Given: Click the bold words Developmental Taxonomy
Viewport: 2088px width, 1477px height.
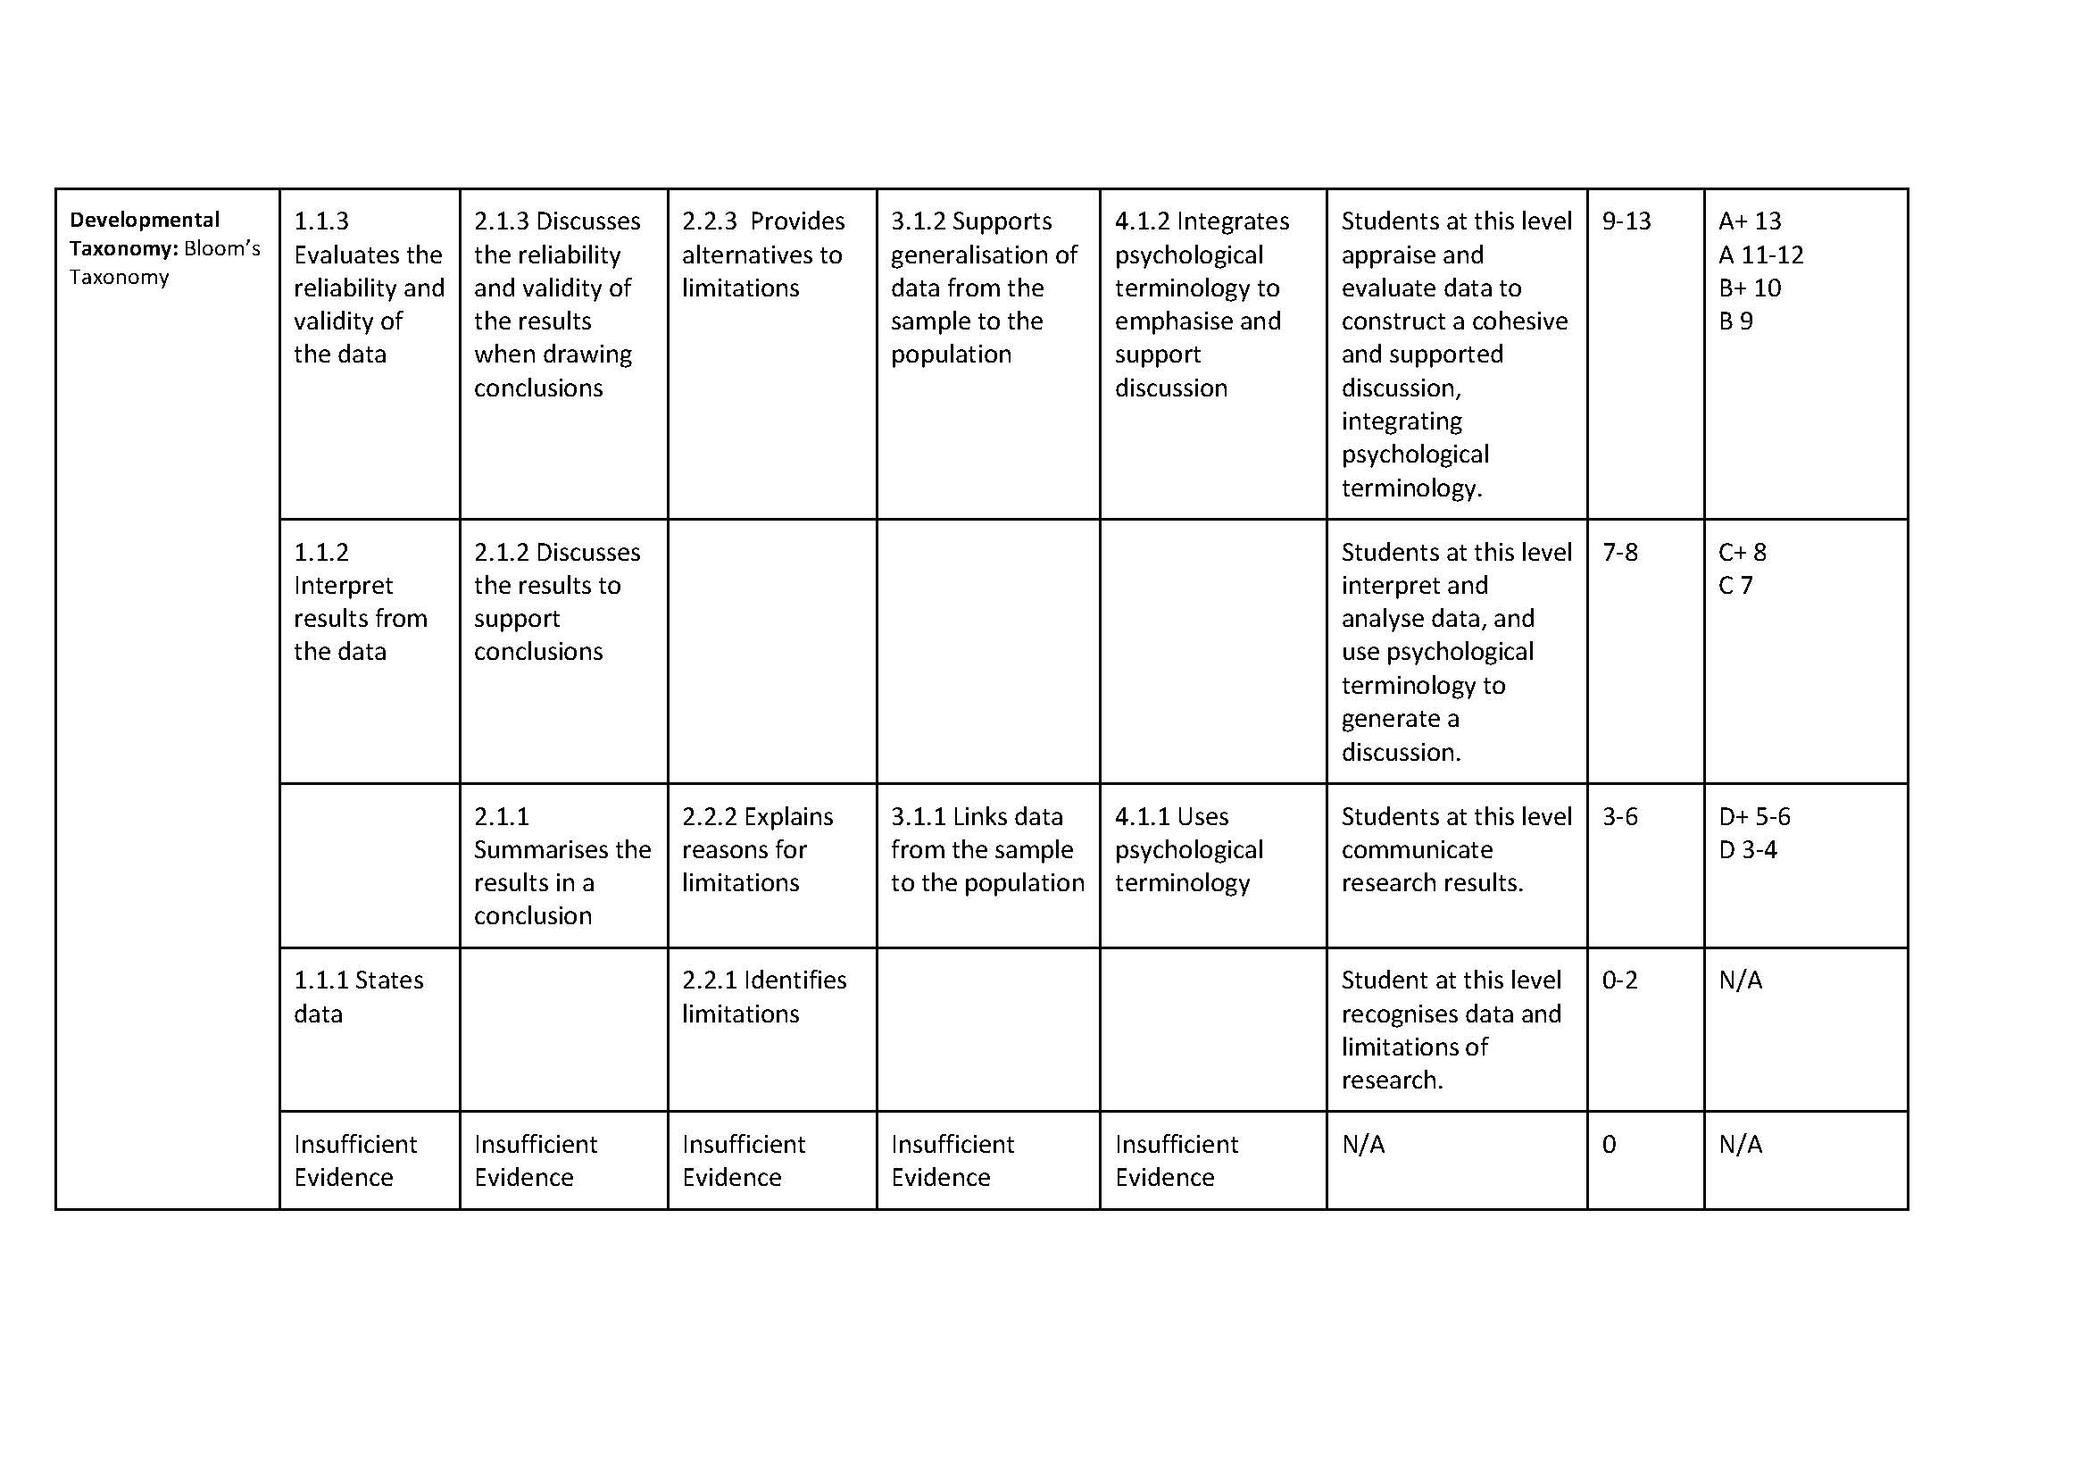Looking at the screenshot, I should click(x=144, y=233).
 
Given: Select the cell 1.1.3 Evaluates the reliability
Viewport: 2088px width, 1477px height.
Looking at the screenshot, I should click(x=369, y=288).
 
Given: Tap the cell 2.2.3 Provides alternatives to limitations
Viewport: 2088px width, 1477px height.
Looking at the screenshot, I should click(x=762, y=255).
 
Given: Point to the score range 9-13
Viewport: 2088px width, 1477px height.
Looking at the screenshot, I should click(x=1625, y=221).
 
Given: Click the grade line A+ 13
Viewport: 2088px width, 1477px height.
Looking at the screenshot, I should click(x=1749, y=221).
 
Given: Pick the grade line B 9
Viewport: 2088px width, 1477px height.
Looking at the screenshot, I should click(x=1735, y=321).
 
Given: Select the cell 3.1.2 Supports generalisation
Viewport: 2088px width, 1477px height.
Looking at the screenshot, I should click(x=983, y=288).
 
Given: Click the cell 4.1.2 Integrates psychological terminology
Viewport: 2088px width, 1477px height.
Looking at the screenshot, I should click(x=1201, y=304).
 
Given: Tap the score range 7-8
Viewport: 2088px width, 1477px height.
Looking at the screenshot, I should click(x=1619, y=552).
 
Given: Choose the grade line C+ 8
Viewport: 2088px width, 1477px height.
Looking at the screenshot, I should click(x=1742, y=552).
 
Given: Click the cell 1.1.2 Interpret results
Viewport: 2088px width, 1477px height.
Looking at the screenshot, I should click(x=360, y=601).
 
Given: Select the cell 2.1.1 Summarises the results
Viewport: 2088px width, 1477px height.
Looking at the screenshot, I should click(x=562, y=865).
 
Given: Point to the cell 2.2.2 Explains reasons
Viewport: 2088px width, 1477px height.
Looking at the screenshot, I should click(x=757, y=848).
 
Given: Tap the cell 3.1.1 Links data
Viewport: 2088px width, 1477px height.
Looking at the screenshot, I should click(x=986, y=848).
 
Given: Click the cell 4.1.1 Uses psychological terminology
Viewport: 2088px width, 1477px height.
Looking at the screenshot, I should click(x=1187, y=848).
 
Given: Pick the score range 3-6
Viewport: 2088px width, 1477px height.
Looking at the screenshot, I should click(x=1619, y=817).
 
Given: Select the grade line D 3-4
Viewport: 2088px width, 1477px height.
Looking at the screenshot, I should click(x=1747, y=849).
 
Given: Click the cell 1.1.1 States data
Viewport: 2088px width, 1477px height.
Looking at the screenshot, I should click(x=358, y=996).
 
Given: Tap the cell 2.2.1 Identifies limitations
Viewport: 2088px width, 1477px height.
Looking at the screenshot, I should click(x=763, y=996).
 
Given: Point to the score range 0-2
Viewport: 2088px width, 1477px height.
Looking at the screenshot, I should click(x=1619, y=980).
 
